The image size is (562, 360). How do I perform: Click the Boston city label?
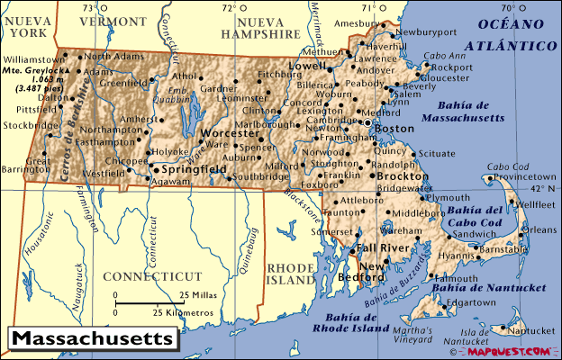tap(394, 129)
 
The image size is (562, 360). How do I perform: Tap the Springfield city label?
tap(193, 168)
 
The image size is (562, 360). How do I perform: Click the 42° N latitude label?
tap(544, 190)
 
